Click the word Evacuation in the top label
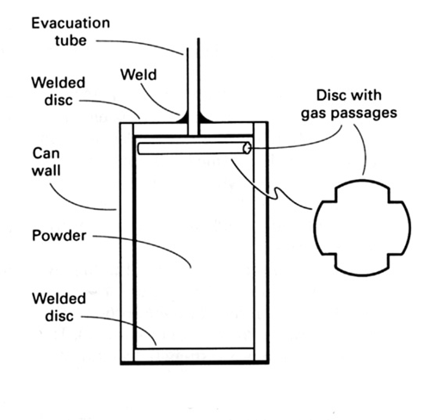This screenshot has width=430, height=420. coord(71,23)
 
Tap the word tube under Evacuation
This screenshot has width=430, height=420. coord(71,40)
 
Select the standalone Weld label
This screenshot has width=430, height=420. coord(138,75)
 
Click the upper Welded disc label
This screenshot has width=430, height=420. coord(58,91)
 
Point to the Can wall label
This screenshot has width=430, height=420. coord(46,162)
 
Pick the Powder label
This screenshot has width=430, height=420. coord(59,236)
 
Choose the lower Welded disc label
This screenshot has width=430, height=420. coord(59,307)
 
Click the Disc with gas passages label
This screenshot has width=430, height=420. coord(349,105)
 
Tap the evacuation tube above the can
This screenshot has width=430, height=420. coord(193,86)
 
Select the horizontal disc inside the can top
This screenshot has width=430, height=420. coord(194,148)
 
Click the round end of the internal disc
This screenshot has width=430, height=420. coord(247,148)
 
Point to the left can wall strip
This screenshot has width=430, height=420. coord(126,243)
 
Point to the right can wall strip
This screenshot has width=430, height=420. coord(261,243)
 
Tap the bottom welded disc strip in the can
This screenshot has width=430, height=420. coord(193,355)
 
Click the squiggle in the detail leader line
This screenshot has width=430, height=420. coord(277,194)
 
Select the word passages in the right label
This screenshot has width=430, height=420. coord(364,114)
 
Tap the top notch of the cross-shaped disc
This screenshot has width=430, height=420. coord(362,180)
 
